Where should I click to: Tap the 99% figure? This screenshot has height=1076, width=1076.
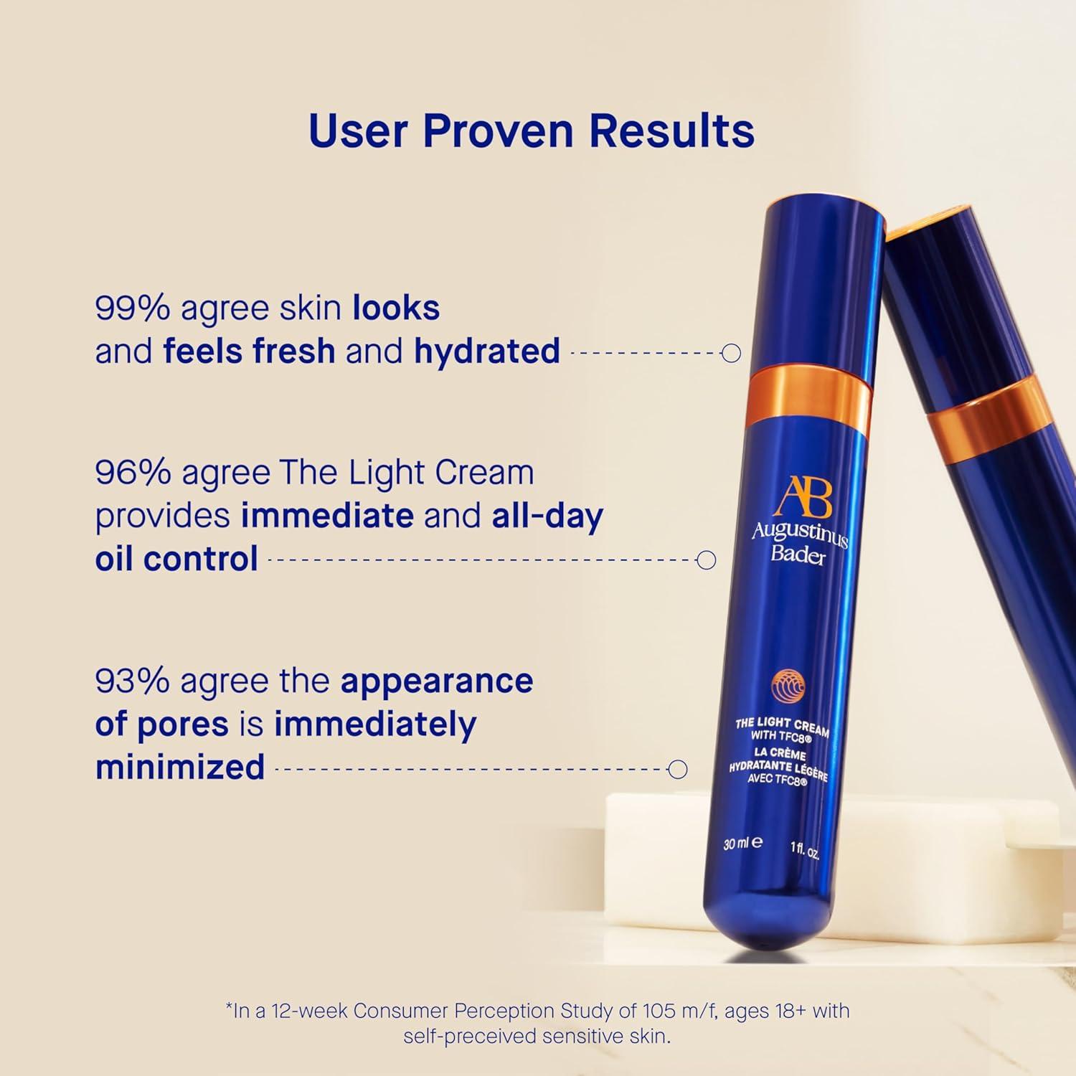pyautogui.click(x=132, y=308)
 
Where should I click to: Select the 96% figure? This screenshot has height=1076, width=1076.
pyautogui.click(x=133, y=473)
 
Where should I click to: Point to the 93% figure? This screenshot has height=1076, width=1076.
pyautogui.click(x=132, y=681)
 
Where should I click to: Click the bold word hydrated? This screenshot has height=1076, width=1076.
pyautogui.click(x=487, y=351)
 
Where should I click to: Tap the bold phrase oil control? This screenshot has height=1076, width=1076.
pyautogui.click(x=176, y=559)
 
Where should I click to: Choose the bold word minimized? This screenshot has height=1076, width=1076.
pyautogui.click(x=180, y=767)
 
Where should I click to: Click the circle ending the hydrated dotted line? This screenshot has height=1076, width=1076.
pyautogui.click(x=731, y=353)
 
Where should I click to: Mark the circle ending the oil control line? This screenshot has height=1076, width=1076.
pyautogui.click(x=707, y=560)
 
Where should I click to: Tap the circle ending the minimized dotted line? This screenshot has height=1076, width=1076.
pyautogui.click(x=677, y=770)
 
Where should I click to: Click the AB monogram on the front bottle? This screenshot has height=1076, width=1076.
pyautogui.click(x=805, y=496)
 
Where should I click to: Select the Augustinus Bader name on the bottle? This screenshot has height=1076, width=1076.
pyautogui.click(x=798, y=544)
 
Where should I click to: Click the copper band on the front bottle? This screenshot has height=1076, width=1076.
pyautogui.click(x=809, y=395)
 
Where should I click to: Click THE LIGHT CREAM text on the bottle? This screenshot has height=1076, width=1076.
pyautogui.click(x=781, y=726)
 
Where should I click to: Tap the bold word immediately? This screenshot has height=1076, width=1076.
pyautogui.click(x=375, y=724)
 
